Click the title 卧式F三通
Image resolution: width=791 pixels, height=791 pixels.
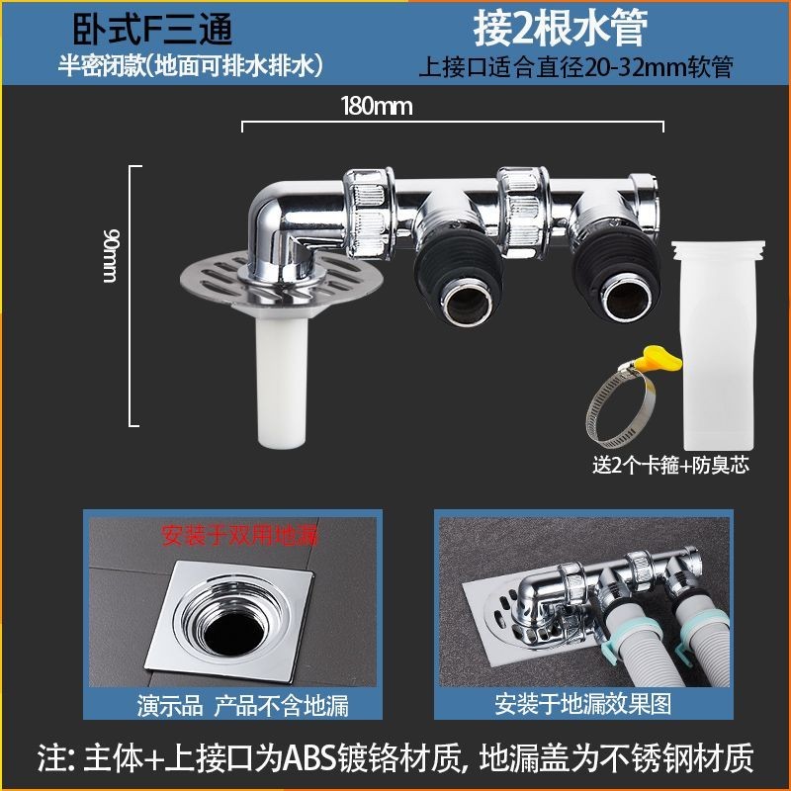tap(152, 30)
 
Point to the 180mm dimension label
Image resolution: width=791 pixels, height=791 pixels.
tap(377, 107)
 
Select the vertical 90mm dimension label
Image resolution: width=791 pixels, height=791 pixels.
tap(110, 255)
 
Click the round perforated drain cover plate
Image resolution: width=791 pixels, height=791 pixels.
tap(202, 283)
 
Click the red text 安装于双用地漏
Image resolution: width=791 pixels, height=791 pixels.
tap(240, 535)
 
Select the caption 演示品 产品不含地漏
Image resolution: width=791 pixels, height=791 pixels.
tap(242, 705)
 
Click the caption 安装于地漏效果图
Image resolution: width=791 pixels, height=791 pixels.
tap(582, 704)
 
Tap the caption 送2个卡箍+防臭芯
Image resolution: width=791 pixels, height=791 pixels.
tap(670, 465)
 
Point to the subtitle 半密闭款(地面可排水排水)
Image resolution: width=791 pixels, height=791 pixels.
tap(191, 65)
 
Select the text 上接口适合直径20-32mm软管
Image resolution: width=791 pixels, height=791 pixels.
tap(575, 66)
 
